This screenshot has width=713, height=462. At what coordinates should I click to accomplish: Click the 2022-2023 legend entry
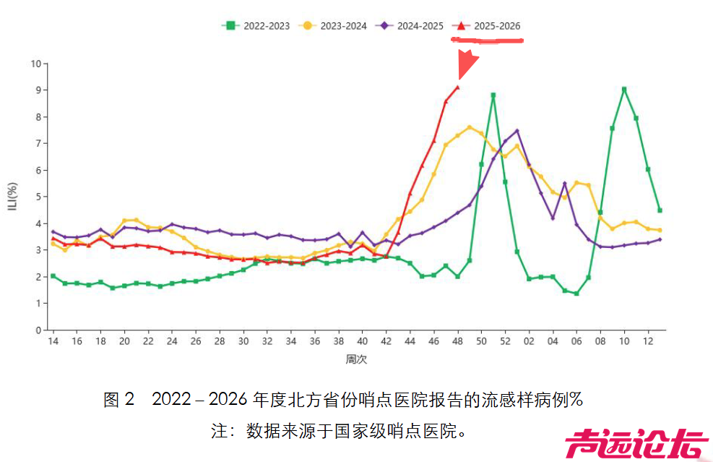(x=256, y=26)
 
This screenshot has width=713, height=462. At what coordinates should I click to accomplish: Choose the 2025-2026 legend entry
(x=487, y=26)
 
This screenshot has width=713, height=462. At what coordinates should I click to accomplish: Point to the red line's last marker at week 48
(x=457, y=87)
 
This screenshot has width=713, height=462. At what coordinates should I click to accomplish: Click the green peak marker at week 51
(x=493, y=95)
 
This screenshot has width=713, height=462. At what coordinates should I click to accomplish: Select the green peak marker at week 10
(x=624, y=90)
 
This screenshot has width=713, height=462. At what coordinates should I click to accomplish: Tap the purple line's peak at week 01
(x=517, y=131)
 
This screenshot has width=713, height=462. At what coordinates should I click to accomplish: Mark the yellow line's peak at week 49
(x=470, y=127)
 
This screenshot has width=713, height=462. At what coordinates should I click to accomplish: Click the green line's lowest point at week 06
(x=576, y=294)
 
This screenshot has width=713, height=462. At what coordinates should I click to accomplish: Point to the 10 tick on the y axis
(x=35, y=64)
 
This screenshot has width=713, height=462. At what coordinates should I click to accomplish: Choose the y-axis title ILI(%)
(x=14, y=197)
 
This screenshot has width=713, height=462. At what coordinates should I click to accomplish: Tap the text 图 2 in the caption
(x=119, y=400)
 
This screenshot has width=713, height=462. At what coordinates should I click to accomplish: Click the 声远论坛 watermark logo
(x=636, y=444)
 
